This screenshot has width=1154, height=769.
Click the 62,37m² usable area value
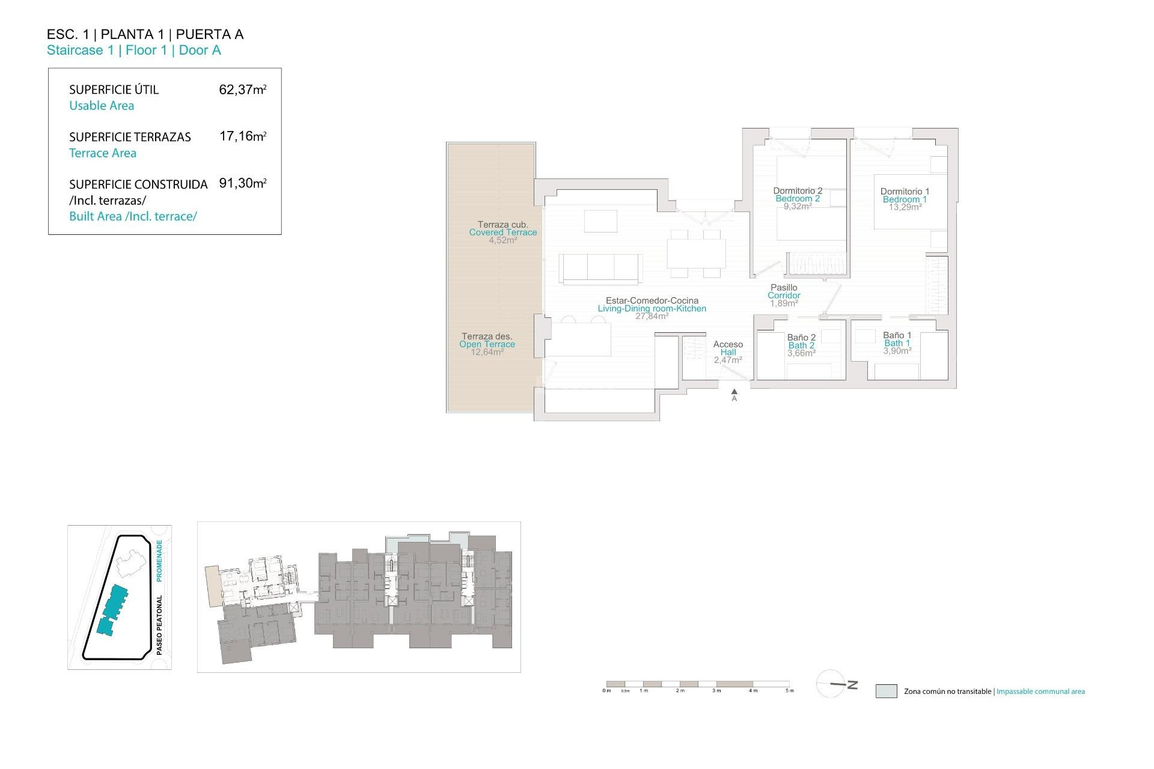coord(242,90)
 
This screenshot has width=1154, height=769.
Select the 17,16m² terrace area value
coord(242,136)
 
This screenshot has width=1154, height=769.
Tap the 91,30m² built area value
coord(242,183)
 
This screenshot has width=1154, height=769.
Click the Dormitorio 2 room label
coord(798,190)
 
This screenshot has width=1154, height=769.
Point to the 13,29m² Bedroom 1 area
coord(905,207)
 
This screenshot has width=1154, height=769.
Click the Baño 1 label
coord(897,335)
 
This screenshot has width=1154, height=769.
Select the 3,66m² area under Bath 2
coord(801,353)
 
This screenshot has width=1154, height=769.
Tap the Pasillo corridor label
coord(784,288)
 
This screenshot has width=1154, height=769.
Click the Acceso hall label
coord(728,344)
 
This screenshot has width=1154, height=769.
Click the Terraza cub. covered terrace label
coord(502,225)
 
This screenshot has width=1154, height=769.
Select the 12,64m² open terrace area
coord(487,352)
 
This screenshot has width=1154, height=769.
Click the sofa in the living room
coord(600,267)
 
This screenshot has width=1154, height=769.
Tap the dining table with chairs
coord(695,253)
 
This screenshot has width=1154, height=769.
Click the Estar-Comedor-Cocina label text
coord(652,300)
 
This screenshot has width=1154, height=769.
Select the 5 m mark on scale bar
coord(789,690)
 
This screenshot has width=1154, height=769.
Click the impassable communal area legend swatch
coord(886,691)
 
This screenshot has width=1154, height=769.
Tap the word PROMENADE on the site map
coord(159,560)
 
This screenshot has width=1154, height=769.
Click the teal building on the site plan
coord(113,610)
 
